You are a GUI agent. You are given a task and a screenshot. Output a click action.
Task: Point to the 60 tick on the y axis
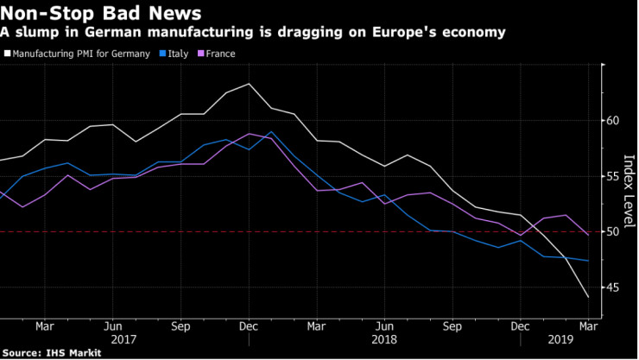click(x=613, y=121)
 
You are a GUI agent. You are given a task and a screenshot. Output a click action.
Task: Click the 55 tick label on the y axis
click(x=613, y=176)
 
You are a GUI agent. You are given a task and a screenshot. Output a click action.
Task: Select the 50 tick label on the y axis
click(x=613, y=232)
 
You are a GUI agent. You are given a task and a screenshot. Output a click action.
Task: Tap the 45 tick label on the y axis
click(x=613, y=287)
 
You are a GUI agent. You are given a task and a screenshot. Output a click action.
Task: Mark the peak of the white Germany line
click(x=250, y=84)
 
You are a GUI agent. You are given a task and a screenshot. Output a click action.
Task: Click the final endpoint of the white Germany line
click(x=589, y=298)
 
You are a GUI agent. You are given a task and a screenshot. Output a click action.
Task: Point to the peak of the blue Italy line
click(x=271, y=132)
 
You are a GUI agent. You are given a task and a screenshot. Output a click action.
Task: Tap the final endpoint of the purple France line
click(x=589, y=235)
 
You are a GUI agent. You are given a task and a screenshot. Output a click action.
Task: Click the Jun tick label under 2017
click(x=111, y=327)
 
